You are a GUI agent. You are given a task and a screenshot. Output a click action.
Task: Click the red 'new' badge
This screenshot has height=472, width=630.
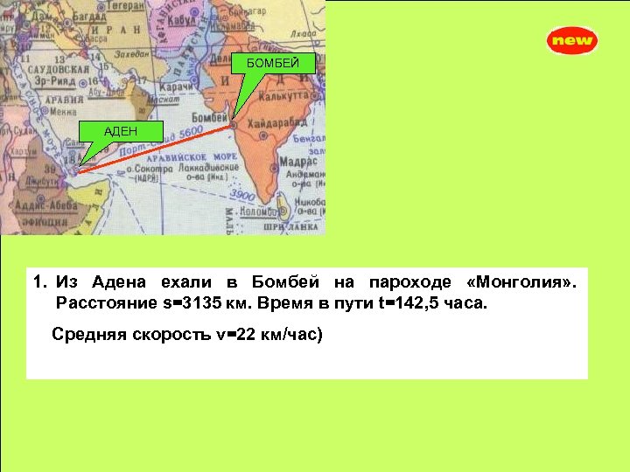tap(572, 40)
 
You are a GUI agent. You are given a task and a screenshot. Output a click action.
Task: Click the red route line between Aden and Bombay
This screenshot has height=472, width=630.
tap(157, 148)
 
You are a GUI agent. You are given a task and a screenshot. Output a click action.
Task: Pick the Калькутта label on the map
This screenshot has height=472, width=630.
tap(297, 94)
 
